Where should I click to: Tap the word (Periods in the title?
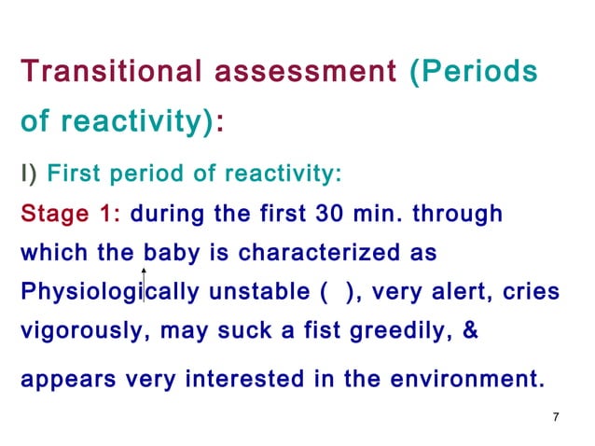point(473,72)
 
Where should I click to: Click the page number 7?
point(556,416)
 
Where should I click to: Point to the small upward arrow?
point(145,244)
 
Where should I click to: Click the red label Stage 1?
point(71,215)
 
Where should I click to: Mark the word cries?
point(533,291)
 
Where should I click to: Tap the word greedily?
point(394,328)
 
